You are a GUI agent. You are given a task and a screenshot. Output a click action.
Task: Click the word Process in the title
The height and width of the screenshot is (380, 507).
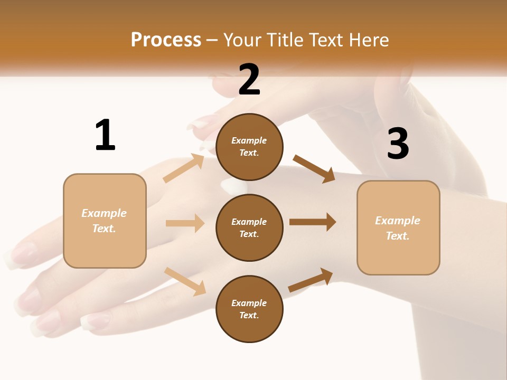click(166, 40)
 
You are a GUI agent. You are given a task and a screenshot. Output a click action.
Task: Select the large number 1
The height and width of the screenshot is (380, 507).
click(105, 136)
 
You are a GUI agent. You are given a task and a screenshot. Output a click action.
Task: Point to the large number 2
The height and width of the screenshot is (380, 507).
click(249, 80)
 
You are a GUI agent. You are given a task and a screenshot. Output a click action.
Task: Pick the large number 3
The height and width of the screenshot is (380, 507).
click(398, 144)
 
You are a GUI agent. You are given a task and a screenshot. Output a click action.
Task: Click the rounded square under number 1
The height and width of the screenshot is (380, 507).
click(105, 221)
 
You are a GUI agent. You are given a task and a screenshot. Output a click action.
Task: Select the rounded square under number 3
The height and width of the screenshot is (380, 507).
click(398, 228)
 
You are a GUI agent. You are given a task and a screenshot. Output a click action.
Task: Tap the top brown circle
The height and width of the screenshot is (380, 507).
click(249, 147)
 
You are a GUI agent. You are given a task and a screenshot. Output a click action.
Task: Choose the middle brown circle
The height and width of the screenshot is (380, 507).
click(249, 227)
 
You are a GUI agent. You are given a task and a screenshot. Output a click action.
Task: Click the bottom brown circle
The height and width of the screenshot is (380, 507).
click(249, 309)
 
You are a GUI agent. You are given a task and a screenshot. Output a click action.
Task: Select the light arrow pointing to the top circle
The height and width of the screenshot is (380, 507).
click(184, 168)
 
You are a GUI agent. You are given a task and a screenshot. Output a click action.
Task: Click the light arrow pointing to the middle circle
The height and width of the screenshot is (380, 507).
click(185, 223)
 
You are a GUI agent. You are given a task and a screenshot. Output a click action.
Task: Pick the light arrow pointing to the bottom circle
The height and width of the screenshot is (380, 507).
click(185, 281)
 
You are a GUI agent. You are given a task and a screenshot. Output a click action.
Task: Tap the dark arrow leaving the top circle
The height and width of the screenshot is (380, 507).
click(314, 168)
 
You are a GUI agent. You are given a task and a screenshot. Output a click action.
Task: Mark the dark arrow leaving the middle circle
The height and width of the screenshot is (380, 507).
click(312, 222)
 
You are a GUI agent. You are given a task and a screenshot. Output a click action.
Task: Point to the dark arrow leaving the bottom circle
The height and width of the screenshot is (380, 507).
click(311, 280)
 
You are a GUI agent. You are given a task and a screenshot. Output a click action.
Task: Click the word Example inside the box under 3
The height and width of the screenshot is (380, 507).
click(398, 221)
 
